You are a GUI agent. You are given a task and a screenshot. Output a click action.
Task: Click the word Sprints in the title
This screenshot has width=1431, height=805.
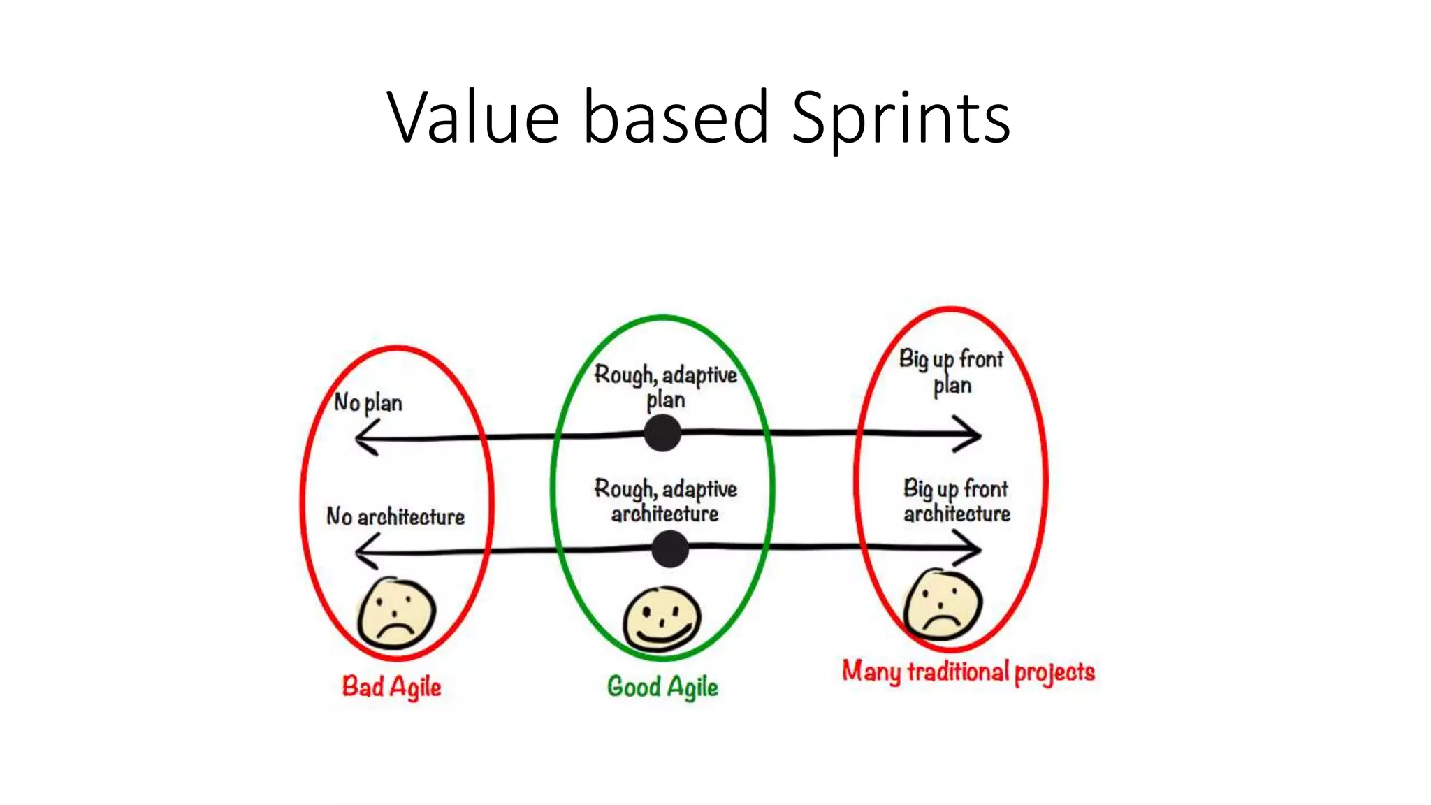(901, 119)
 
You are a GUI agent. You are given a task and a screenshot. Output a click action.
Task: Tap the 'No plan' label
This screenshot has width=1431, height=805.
(368, 403)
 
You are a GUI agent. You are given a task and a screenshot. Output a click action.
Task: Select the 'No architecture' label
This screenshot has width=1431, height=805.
(395, 517)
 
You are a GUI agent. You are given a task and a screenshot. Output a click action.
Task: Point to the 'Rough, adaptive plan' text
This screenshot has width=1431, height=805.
(665, 386)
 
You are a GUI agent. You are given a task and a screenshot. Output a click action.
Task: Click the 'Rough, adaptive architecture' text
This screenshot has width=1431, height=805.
(665, 501)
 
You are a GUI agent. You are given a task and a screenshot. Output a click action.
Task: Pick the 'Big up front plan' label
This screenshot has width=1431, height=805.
(952, 372)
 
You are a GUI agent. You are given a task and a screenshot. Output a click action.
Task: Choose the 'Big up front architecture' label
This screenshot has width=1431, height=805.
(957, 501)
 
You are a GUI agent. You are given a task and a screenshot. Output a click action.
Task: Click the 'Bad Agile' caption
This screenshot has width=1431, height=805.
(391, 687)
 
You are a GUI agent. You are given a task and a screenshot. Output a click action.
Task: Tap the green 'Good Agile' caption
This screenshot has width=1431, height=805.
(662, 687)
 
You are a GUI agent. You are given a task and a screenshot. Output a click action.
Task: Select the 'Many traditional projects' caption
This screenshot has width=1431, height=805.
(968, 672)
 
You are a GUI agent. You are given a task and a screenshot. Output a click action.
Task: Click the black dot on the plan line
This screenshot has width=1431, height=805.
(662, 433)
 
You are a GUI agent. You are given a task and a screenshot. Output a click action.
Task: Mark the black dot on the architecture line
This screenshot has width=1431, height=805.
(669, 549)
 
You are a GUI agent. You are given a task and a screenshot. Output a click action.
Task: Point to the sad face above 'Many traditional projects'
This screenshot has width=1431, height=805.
(943, 604)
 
